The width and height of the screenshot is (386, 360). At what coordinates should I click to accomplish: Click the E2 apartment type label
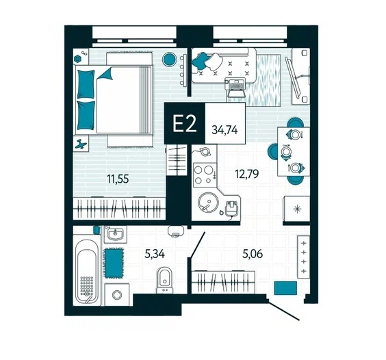point(184,124)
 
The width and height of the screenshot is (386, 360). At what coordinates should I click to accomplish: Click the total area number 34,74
point(224,130)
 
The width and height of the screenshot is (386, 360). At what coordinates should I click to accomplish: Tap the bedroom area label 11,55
point(118,179)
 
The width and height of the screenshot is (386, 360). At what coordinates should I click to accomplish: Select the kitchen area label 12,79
point(247,174)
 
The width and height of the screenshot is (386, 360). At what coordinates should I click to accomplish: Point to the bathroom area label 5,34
point(155,254)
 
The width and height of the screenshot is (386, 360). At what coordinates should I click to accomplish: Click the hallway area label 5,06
point(253,254)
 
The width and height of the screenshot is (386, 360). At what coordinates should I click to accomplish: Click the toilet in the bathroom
point(165,281)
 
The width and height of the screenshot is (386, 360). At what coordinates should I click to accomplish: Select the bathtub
point(86,271)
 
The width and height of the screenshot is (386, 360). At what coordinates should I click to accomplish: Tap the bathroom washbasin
point(116,234)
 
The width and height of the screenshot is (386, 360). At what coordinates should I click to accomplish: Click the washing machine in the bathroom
point(117,294)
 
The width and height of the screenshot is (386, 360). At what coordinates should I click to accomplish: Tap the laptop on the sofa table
point(236,88)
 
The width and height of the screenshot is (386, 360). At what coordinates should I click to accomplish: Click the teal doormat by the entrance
point(285,288)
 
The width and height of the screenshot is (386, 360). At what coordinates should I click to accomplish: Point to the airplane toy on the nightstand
point(81,144)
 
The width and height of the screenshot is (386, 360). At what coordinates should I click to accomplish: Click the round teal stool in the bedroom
point(170,59)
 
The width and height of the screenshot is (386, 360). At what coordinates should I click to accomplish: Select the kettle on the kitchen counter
point(204,151)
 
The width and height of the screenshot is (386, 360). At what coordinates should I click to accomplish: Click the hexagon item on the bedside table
point(77,59)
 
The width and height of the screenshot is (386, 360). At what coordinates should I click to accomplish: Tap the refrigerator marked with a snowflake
point(297,209)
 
